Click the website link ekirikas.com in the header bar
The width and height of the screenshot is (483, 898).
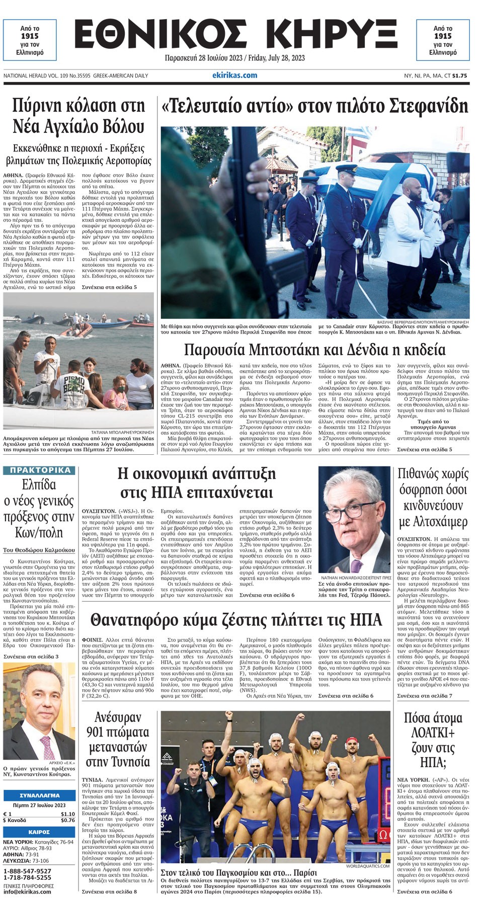click(234, 75)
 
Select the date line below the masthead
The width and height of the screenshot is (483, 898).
click(234, 58)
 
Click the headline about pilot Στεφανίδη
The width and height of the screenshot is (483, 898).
click(314, 106)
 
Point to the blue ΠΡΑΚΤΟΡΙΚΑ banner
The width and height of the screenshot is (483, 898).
click(40, 470)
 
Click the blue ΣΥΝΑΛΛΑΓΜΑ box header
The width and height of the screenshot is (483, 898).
click(39, 795)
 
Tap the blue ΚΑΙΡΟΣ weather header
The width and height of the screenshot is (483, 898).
click(39, 832)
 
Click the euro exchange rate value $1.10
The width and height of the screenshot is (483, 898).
click(67, 814)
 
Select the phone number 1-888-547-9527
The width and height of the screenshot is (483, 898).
click(27, 871)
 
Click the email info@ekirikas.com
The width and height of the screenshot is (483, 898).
click(27, 891)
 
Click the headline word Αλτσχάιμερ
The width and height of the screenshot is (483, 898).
click(433, 522)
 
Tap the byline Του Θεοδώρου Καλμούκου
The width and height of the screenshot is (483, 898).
click(39, 550)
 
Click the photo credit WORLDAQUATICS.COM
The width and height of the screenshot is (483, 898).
click(368, 866)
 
